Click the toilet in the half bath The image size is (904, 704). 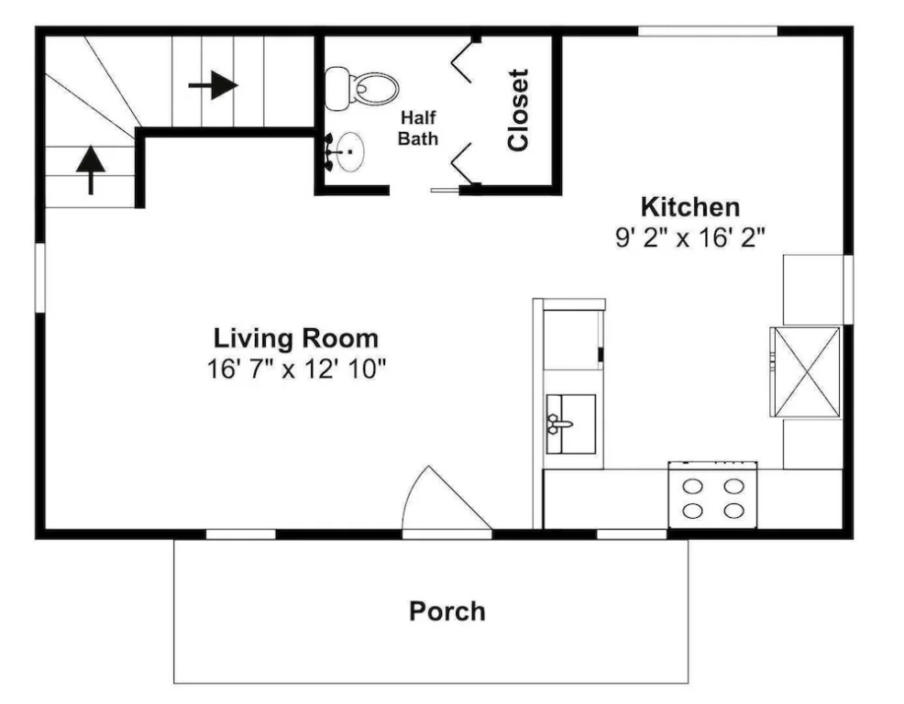pyautogui.click(x=361, y=89)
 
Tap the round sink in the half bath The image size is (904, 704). pyautogui.click(x=350, y=151)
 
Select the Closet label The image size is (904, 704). pyautogui.click(x=518, y=110)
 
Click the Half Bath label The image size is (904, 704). pyautogui.click(x=418, y=128)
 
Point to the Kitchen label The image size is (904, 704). pyautogui.click(x=690, y=206)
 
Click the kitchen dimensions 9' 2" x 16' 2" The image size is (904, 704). pyautogui.click(x=690, y=237)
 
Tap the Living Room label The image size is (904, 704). pyautogui.click(x=296, y=338)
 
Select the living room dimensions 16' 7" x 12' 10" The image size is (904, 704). pyautogui.click(x=296, y=368)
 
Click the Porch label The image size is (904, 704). pyautogui.click(x=446, y=611)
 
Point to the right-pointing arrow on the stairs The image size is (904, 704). pyautogui.click(x=214, y=85)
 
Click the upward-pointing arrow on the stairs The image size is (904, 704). pyautogui.click(x=91, y=170)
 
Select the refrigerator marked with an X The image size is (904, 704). pyautogui.click(x=805, y=372)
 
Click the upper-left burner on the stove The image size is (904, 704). pyautogui.click(x=692, y=487)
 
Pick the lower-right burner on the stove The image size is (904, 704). pyautogui.click(x=733, y=511)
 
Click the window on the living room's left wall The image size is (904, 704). pyautogui.click(x=39, y=278)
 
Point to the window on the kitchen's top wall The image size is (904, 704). pyautogui.click(x=708, y=31)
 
